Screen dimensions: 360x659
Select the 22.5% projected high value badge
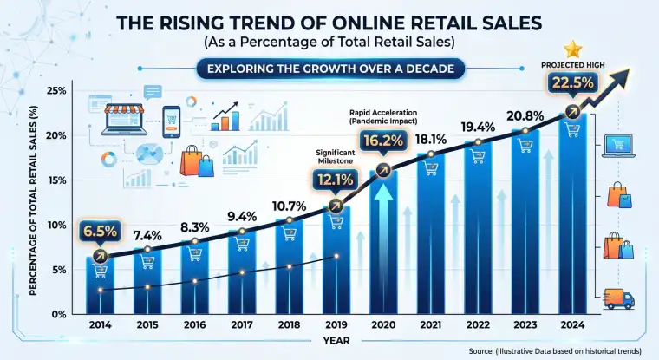click(570, 84)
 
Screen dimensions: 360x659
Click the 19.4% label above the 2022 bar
click(479, 128)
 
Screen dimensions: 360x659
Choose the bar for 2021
click(431, 234)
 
